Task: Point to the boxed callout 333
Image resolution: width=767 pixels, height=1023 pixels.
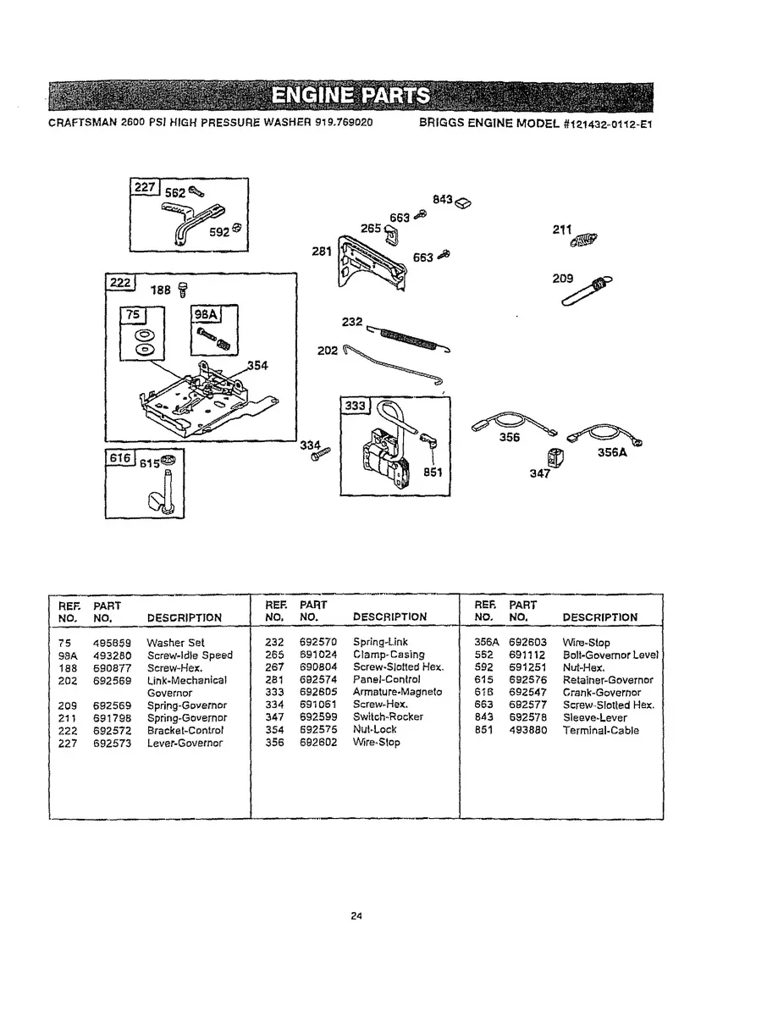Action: [x=354, y=407]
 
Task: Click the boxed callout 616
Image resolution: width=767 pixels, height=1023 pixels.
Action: [x=119, y=458]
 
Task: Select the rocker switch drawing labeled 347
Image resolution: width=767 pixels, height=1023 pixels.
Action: [x=555, y=459]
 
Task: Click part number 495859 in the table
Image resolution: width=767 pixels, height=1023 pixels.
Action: [x=110, y=643]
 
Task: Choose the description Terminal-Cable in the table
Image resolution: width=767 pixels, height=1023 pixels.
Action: [x=601, y=730]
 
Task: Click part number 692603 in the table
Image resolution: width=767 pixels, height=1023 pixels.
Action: [x=527, y=643]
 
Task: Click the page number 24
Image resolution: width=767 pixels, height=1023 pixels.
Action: [x=356, y=915]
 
